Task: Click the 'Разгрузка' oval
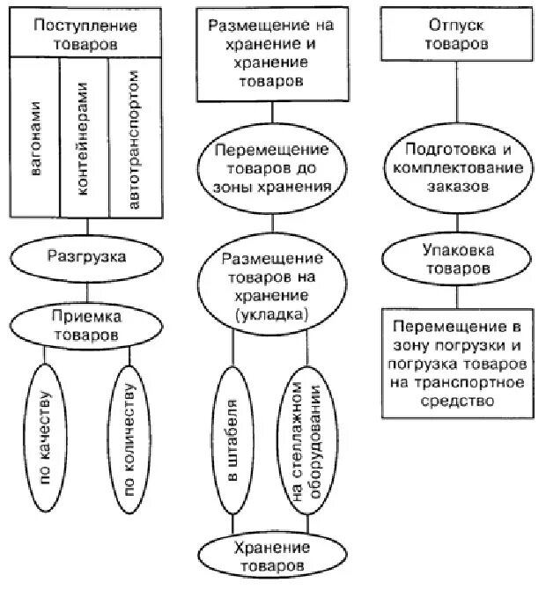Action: pyautogui.click(x=86, y=257)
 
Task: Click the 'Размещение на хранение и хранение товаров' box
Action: pyautogui.click(x=270, y=52)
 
